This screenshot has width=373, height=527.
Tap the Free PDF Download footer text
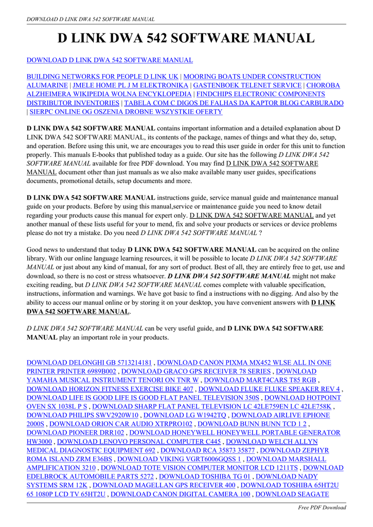(322, 507)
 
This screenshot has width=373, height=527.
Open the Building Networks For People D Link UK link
(102, 77)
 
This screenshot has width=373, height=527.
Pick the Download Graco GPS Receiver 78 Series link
(196, 372)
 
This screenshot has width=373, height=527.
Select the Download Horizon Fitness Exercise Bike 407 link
(110, 389)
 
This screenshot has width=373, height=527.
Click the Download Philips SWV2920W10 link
(82, 415)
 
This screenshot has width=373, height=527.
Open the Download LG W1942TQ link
(185, 415)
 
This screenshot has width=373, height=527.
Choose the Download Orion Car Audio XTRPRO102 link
(121, 424)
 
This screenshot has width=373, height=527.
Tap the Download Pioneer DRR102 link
(75, 433)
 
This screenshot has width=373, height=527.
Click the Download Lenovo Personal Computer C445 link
(139, 442)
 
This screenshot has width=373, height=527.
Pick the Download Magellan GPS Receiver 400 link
(164, 485)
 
